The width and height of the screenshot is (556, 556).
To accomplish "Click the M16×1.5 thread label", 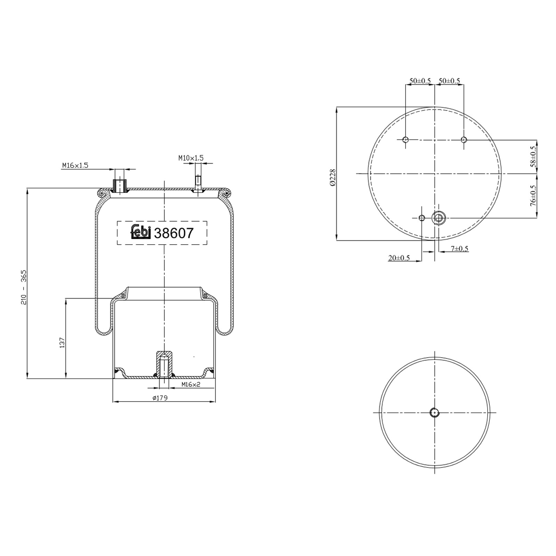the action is coord(75,165).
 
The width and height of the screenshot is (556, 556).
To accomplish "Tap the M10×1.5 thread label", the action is coord(191,158).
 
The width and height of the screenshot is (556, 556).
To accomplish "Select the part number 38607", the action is coord(173,233).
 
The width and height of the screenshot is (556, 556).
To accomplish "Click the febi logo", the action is coord(140,232).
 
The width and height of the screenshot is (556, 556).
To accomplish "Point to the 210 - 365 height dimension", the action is coord(24,287).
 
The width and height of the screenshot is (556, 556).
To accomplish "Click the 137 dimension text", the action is coord(62,343).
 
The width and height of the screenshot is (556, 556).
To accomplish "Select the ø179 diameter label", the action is coord(160,398).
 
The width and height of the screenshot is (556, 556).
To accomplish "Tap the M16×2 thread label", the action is coord(191,384).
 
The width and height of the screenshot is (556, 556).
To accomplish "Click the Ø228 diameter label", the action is coord(333,178).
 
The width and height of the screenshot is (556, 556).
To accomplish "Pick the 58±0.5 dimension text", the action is coord(533,156).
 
